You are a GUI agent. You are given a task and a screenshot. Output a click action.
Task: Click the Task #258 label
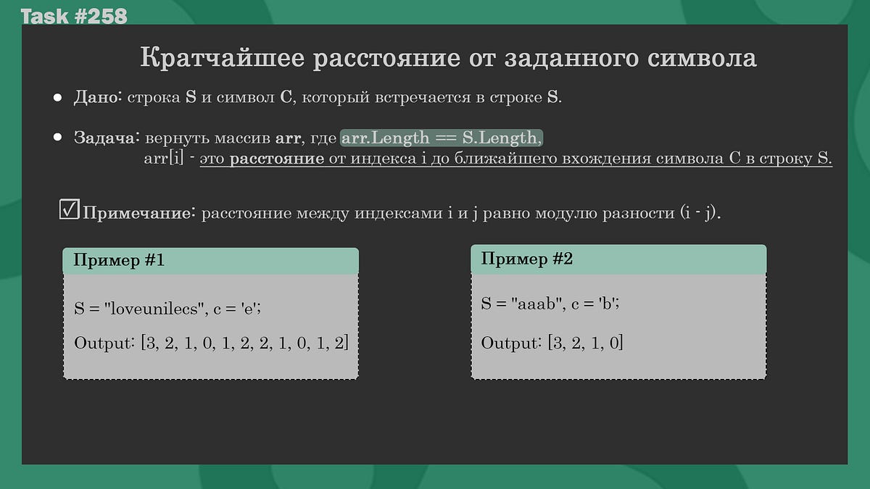74,16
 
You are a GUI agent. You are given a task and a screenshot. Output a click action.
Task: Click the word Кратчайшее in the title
220,58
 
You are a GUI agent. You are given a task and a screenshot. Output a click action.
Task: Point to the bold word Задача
106,138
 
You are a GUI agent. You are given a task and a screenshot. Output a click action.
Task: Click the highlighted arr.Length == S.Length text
441,138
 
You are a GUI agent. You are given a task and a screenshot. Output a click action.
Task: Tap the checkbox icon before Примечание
69,210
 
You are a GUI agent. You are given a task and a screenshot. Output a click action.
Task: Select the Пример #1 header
119,261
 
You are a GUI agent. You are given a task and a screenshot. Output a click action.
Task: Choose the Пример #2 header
527,259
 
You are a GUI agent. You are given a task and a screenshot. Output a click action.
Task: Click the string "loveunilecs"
153,308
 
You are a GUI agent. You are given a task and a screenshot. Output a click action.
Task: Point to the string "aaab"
540,304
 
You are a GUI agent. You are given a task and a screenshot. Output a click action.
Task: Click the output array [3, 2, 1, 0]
585,342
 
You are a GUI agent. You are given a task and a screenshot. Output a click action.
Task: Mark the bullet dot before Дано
58,98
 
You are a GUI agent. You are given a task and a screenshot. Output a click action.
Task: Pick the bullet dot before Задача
58,138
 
